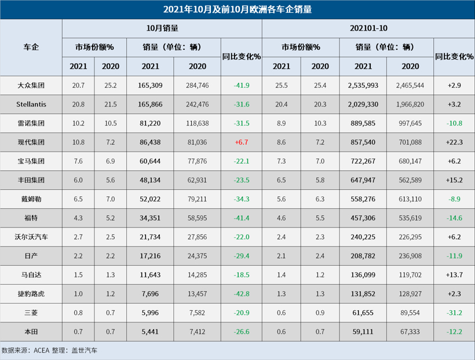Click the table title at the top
237,9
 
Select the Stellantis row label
31,104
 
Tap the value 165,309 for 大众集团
150,85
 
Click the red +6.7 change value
241,142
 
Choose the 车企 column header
31,47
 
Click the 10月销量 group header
162,28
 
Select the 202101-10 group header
368,28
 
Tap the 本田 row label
31,332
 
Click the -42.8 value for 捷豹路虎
241,293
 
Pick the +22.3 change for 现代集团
454,142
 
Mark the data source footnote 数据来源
50,350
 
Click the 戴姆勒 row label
31,199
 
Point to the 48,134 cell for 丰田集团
150,180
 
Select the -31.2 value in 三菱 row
454,313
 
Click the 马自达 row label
31,275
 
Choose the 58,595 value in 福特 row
197,218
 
